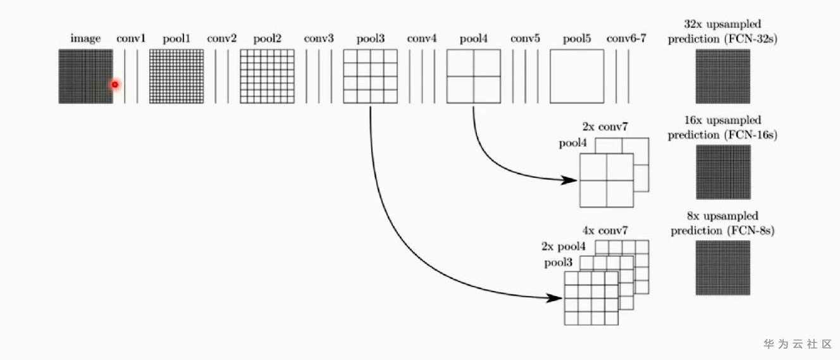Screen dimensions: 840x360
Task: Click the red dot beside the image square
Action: click(x=114, y=85)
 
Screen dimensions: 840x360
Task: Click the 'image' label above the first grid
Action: click(x=85, y=39)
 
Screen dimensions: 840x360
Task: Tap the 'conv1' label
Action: click(x=131, y=38)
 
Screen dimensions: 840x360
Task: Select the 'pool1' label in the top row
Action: click(x=176, y=39)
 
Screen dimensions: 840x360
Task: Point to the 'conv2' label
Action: click(x=222, y=38)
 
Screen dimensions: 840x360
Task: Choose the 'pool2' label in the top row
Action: click(x=268, y=39)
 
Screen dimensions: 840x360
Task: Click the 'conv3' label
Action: click(x=319, y=38)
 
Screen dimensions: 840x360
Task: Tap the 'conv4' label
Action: click(x=422, y=38)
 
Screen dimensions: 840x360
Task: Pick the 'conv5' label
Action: click(x=525, y=38)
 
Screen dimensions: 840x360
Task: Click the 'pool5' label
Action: click(x=577, y=39)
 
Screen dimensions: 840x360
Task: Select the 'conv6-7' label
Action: click(x=626, y=38)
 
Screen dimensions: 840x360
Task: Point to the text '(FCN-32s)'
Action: click(x=751, y=39)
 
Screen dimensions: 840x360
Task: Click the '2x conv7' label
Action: click(x=605, y=127)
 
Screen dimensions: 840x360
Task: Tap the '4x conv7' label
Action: click(x=605, y=230)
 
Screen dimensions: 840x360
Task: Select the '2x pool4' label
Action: click(x=563, y=246)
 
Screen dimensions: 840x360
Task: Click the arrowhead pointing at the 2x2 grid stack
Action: click(x=569, y=180)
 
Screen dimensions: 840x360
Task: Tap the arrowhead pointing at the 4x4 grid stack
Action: click(x=554, y=299)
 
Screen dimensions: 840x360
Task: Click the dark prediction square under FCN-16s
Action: click(x=724, y=172)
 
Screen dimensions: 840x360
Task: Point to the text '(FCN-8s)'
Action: click(x=751, y=231)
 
